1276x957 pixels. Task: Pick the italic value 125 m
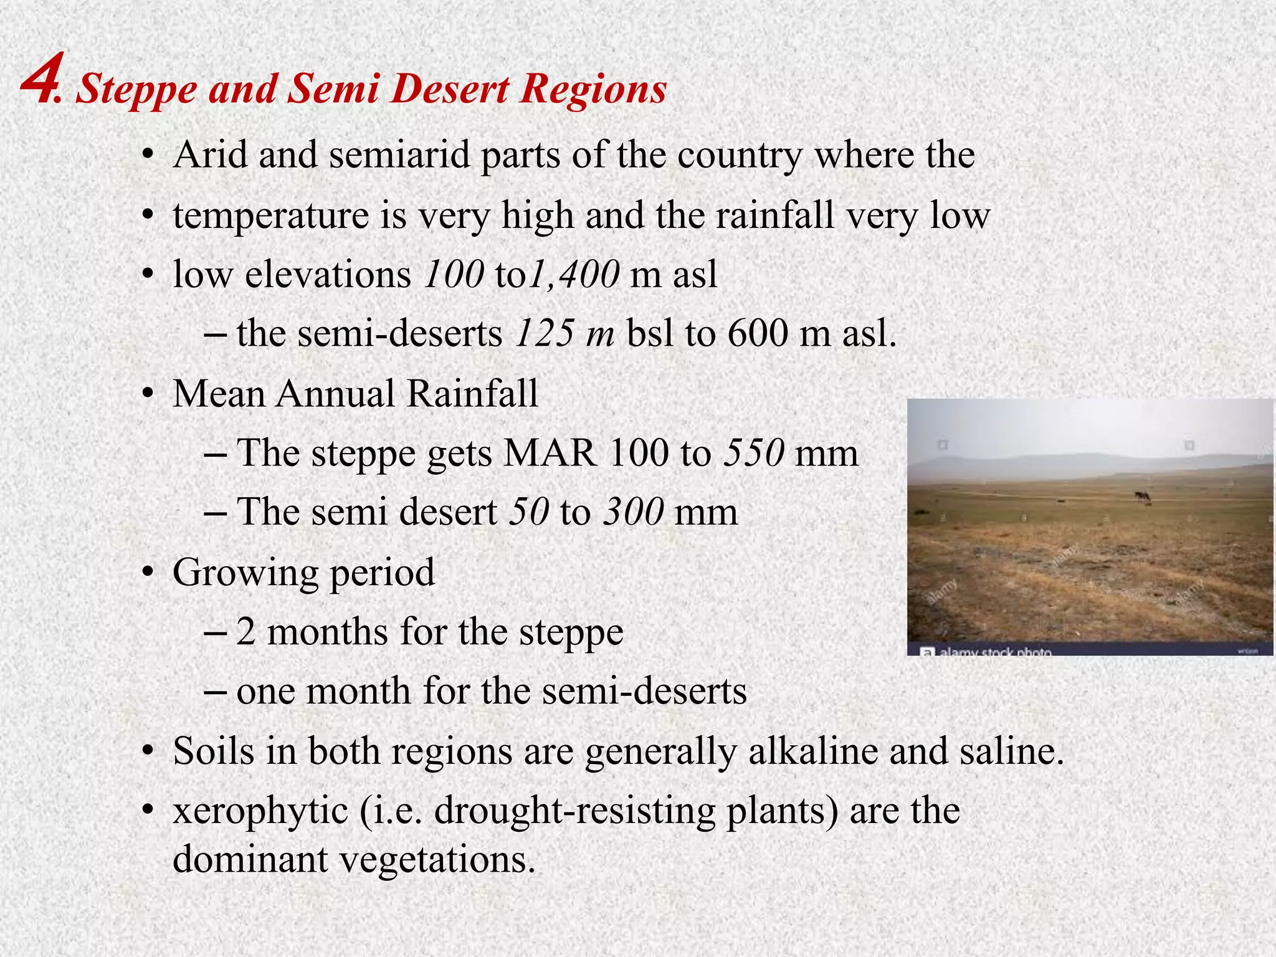coord(565,333)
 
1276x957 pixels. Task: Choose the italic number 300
coord(633,512)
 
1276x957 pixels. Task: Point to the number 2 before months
coord(245,632)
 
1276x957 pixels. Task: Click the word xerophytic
coord(260,811)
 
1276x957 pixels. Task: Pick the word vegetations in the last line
coord(437,860)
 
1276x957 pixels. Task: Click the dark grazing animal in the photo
coord(1142,497)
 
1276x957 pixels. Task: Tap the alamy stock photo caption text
coord(995,652)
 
